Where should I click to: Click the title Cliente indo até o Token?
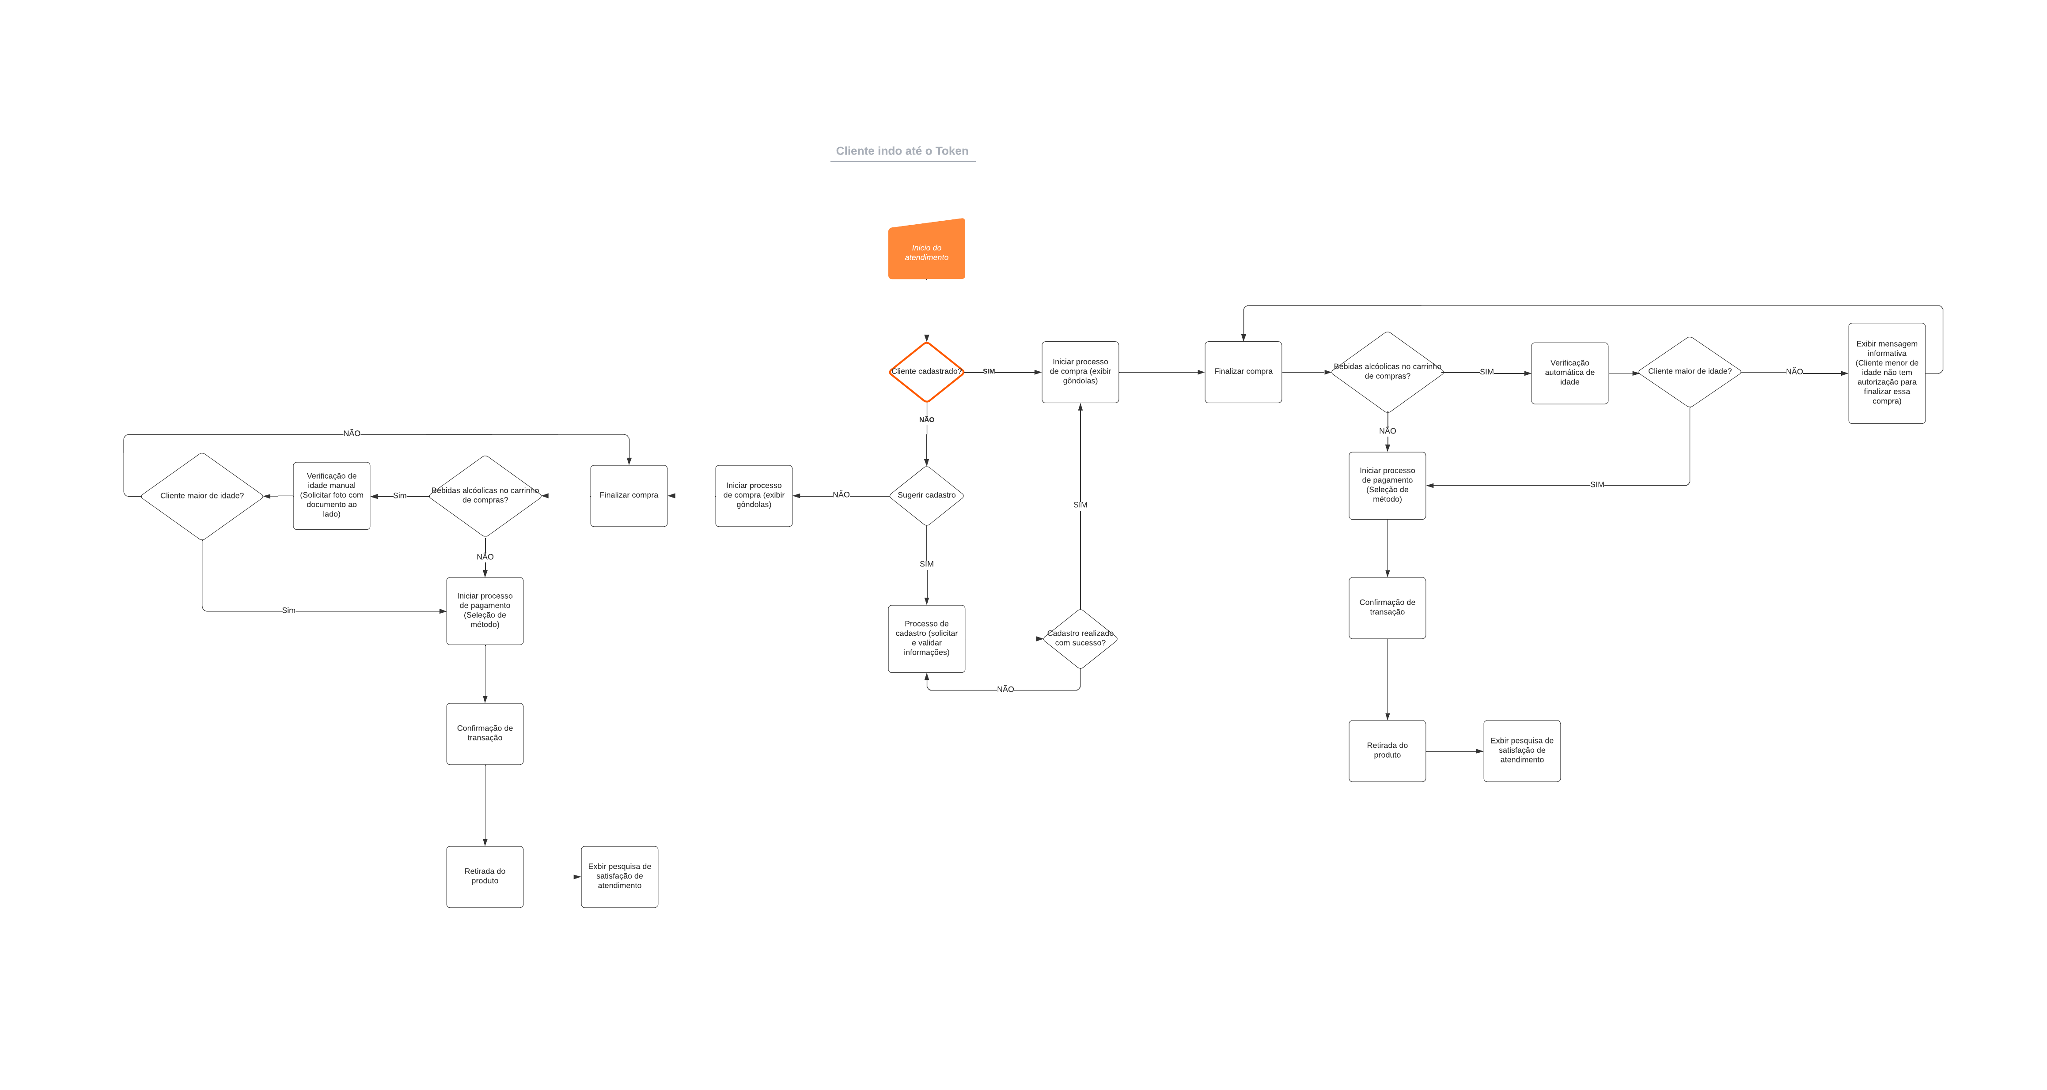(x=902, y=151)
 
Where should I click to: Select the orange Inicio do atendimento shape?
(x=927, y=251)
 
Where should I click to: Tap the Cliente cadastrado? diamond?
(x=927, y=372)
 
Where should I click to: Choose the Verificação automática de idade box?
(x=1569, y=373)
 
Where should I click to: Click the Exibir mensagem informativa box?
(x=1887, y=373)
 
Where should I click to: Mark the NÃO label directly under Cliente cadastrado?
(x=927, y=419)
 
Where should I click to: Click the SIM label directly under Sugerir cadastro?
(x=927, y=564)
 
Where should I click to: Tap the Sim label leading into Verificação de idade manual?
(x=400, y=496)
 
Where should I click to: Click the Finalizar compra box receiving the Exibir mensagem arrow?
(x=1243, y=372)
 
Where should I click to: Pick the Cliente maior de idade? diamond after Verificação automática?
(x=1689, y=372)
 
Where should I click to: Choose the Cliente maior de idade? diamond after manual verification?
(x=202, y=496)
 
